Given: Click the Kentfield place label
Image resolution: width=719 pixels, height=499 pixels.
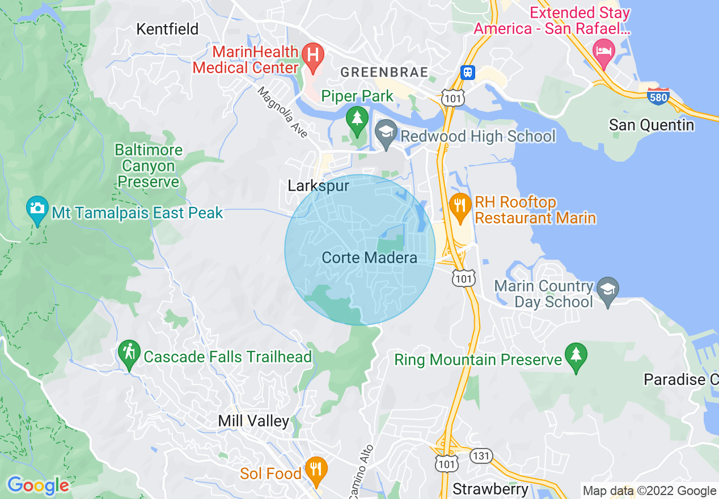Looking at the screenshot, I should tap(167, 29).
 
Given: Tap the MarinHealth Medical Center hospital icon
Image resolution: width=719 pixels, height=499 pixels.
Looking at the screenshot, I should tap(312, 55).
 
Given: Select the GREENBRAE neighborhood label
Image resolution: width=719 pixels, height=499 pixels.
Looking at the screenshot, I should tap(383, 72).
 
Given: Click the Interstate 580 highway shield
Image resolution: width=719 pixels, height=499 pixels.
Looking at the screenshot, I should tap(658, 95).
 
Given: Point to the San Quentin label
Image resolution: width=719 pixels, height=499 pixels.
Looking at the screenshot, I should tap(651, 125).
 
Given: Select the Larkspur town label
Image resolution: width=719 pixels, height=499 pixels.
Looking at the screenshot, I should tap(318, 186).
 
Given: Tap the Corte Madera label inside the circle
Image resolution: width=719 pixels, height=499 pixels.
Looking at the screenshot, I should tap(369, 258).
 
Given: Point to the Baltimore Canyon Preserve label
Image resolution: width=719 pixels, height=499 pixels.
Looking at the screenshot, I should tap(149, 166).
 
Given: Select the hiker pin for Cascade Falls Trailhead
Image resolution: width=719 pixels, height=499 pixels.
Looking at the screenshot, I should tap(130, 353).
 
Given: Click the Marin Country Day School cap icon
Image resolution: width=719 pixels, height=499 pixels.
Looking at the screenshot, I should tap(607, 289).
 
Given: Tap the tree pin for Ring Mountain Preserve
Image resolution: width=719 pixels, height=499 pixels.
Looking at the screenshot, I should tap(577, 355).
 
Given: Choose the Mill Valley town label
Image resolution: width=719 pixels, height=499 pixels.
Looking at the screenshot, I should tap(253, 421).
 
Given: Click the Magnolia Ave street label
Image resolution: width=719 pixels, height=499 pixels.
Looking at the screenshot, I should tap(283, 112).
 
